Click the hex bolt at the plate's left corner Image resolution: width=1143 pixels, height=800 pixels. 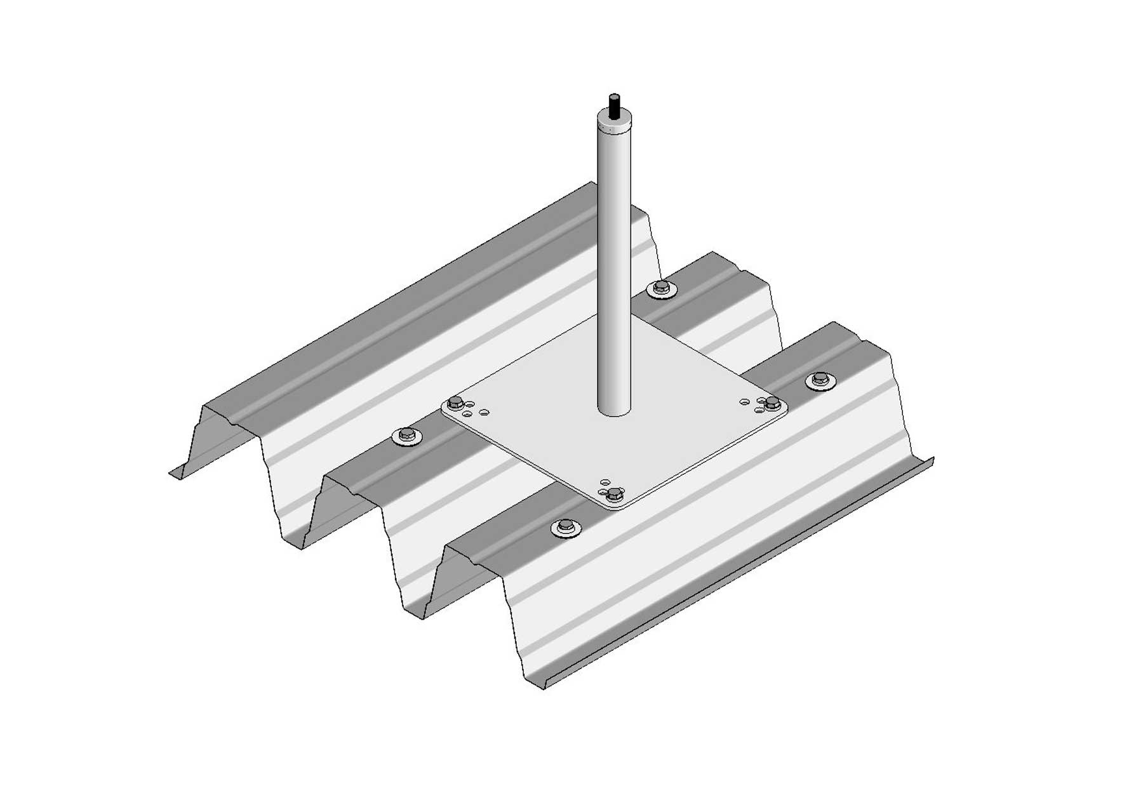click(x=455, y=403)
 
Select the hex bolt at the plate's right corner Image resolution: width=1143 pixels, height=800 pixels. click(x=772, y=402)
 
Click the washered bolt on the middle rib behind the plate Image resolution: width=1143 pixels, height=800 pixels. click(x=661, y=289)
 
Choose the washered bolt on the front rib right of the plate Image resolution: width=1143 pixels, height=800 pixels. click(x=821, y=380)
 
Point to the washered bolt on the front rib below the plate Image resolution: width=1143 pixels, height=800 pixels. click(x=565, y=527)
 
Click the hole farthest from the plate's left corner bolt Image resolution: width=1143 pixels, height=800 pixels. click(x=485, y=413)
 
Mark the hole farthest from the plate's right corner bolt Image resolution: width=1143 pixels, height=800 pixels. click(x=744, y=401)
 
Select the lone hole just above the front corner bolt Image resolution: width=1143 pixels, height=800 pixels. click(x=605, y=482)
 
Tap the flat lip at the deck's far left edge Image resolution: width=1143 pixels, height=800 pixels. click(x=178, y=472)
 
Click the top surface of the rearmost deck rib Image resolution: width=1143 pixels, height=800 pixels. click(x=406, y=298)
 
